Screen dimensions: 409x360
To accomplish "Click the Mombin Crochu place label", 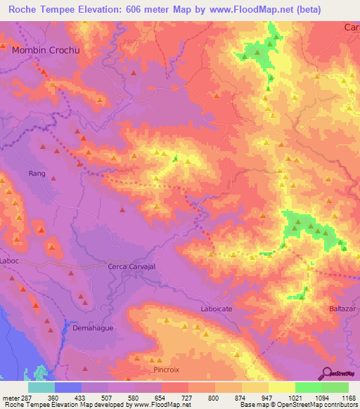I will (x=44, y=51).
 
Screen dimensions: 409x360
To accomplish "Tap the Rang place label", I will (x=37, y=174).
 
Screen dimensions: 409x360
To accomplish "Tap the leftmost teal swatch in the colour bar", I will (x=41, y=387).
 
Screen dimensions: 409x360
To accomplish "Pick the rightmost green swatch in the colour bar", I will (x=335, y=387).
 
